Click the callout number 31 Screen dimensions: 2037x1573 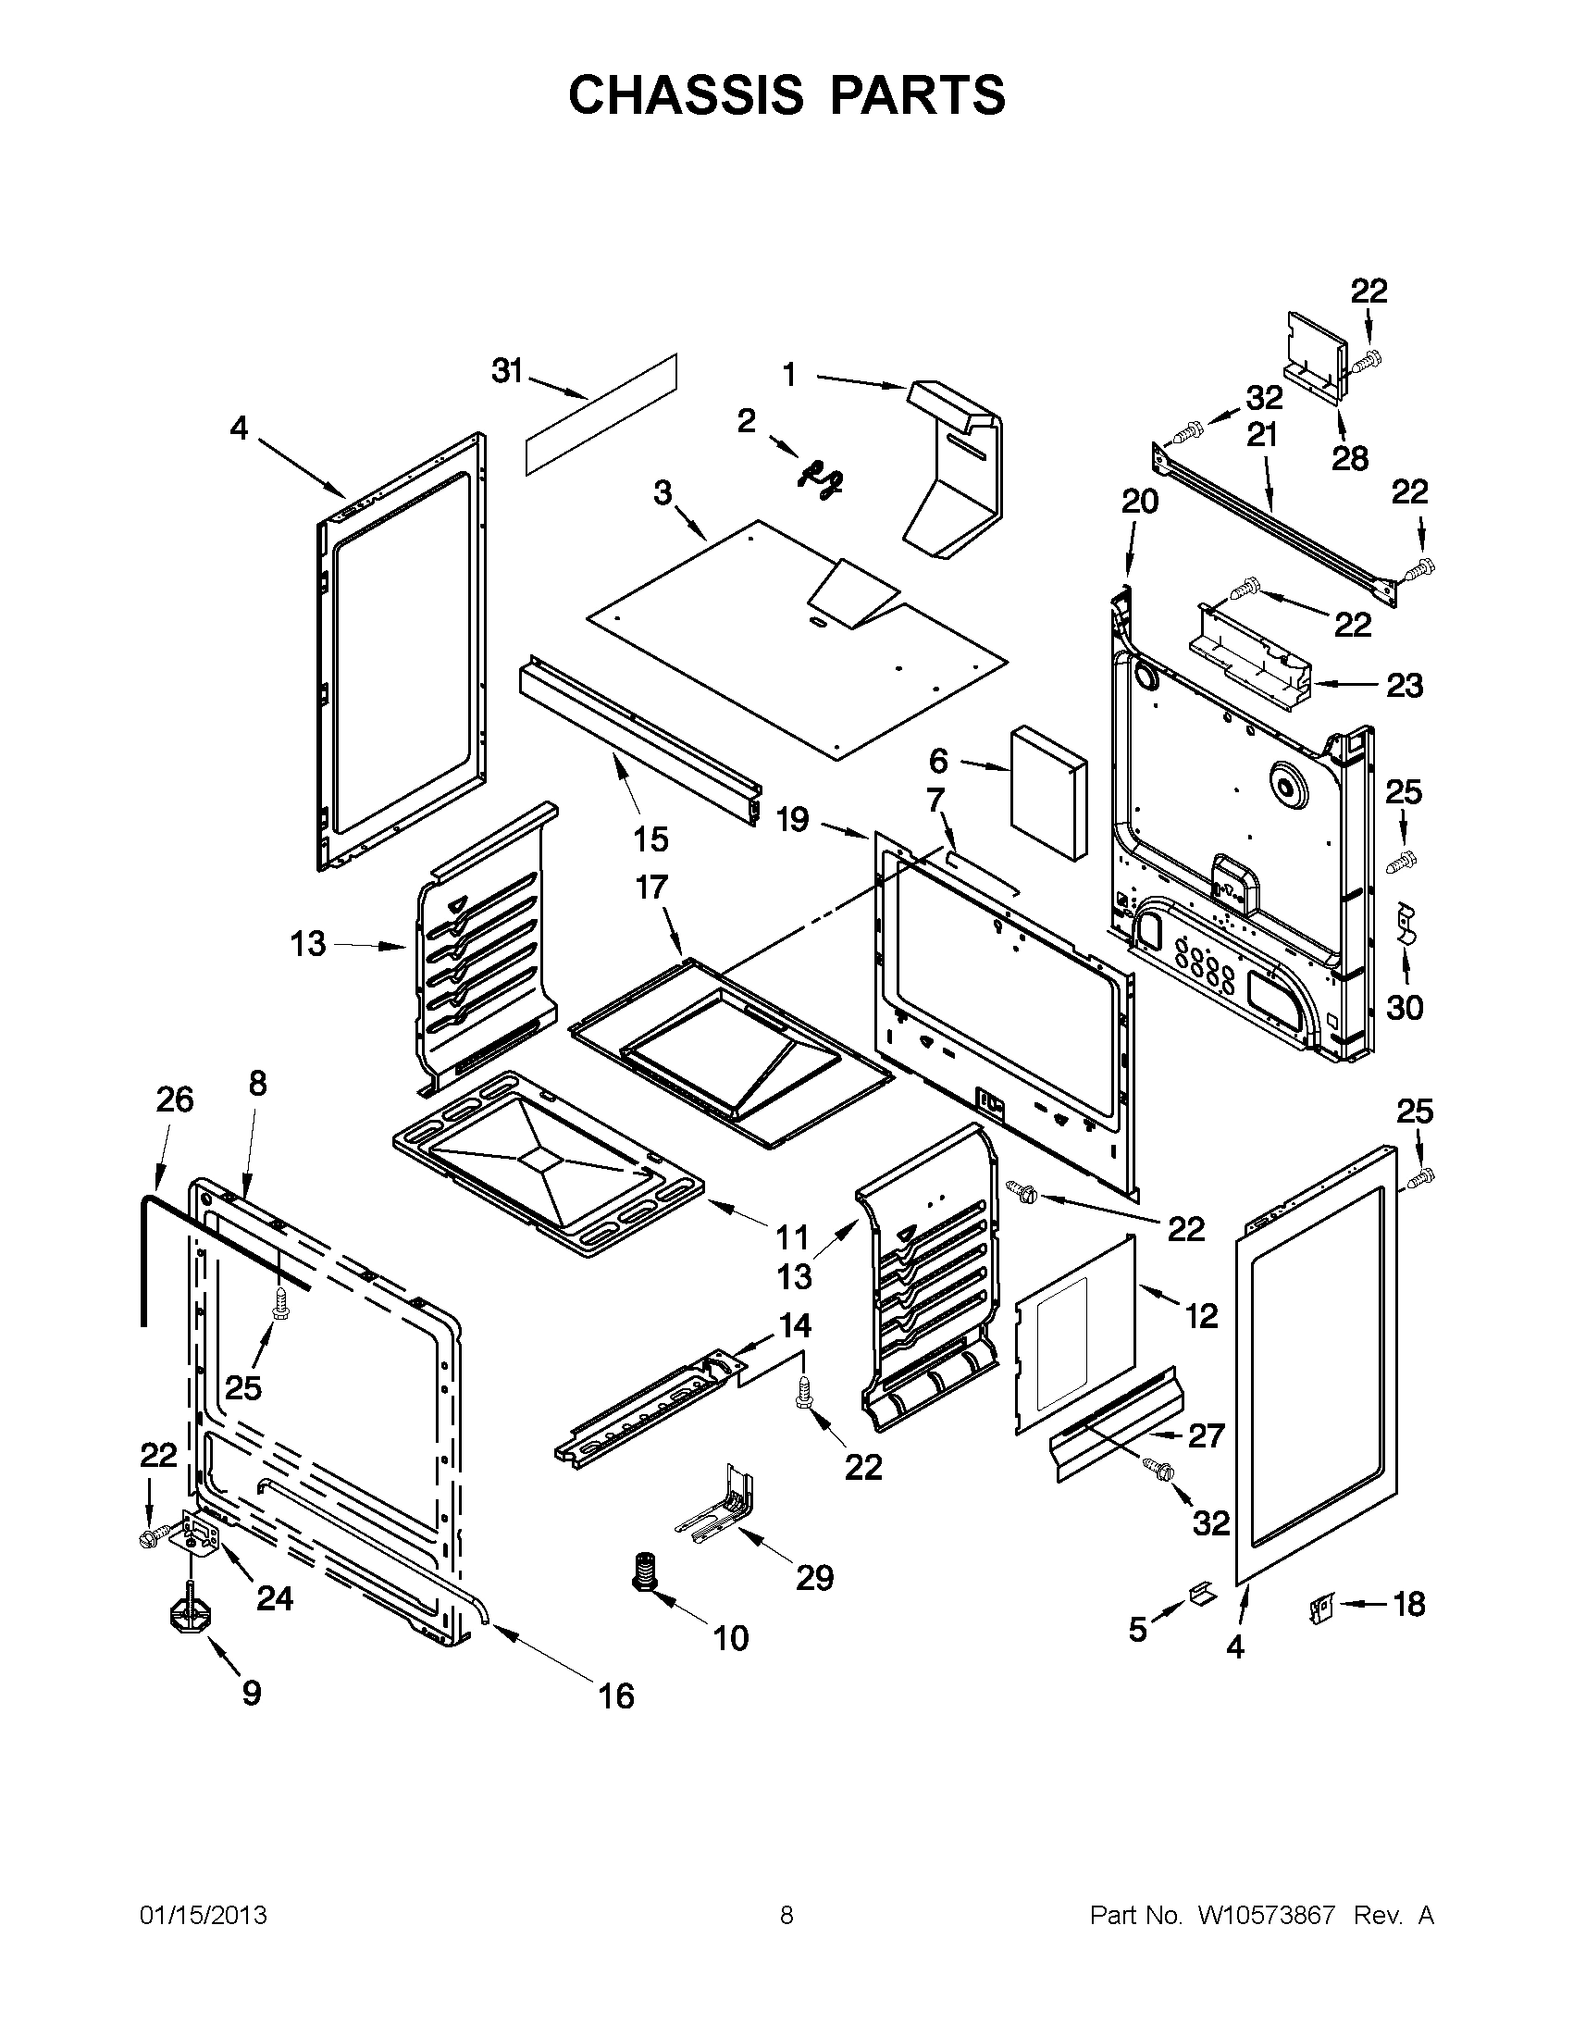point(506,371)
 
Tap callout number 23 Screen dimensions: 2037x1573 point(1405,686)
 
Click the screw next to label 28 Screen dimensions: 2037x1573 point(1368,359)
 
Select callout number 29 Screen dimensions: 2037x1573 point(813,1578)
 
